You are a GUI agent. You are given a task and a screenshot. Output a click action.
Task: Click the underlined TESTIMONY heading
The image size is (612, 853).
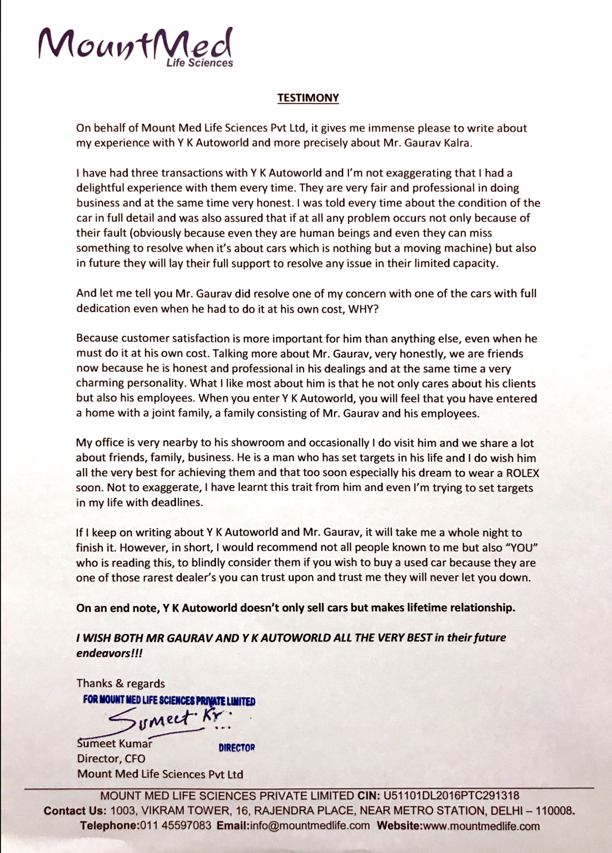(308, 98)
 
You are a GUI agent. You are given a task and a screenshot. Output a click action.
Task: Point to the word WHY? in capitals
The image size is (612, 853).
(363, 309)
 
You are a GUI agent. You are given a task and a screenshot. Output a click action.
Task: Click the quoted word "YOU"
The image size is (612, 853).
(522, 548)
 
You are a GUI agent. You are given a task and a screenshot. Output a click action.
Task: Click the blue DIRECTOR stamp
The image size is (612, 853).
(237, 748)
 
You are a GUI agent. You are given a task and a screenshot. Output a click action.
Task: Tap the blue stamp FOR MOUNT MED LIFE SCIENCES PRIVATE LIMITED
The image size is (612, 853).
(169, 700)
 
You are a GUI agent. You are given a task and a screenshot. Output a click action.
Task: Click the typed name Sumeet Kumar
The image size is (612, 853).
(114, 744)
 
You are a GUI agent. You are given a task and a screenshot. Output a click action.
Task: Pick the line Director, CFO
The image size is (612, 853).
(111, 759)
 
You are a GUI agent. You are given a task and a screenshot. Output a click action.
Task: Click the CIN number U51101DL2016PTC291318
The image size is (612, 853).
(451, 796)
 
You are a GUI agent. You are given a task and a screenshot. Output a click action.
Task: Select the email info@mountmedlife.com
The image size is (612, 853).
(310, 826)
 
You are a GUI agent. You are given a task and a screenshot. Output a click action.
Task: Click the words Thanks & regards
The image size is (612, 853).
(121, 683)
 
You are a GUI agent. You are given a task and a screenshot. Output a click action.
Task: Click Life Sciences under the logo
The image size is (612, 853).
(199, 63)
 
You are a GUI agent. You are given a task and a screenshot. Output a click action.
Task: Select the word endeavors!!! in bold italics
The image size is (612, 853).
(109, 653)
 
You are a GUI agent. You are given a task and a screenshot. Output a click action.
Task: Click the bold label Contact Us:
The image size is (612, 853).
(75, 811)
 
